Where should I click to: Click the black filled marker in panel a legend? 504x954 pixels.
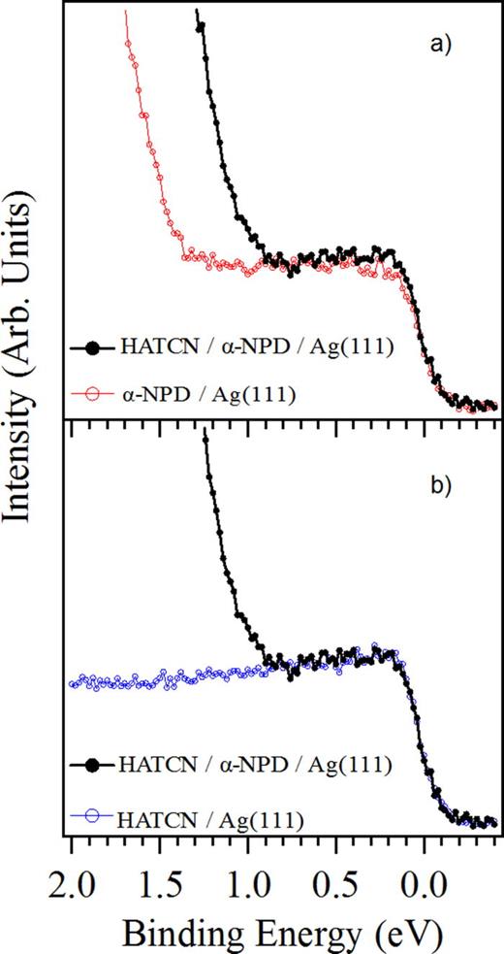93,344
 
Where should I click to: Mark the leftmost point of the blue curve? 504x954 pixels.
72,684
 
